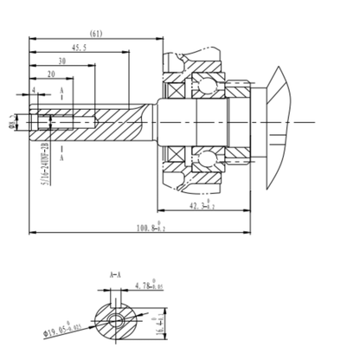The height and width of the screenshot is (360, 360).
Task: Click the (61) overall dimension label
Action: click(97, 34)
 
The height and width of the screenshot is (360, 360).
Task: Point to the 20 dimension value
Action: click(53, 75)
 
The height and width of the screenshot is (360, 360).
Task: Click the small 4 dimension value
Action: click(34, 89)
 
